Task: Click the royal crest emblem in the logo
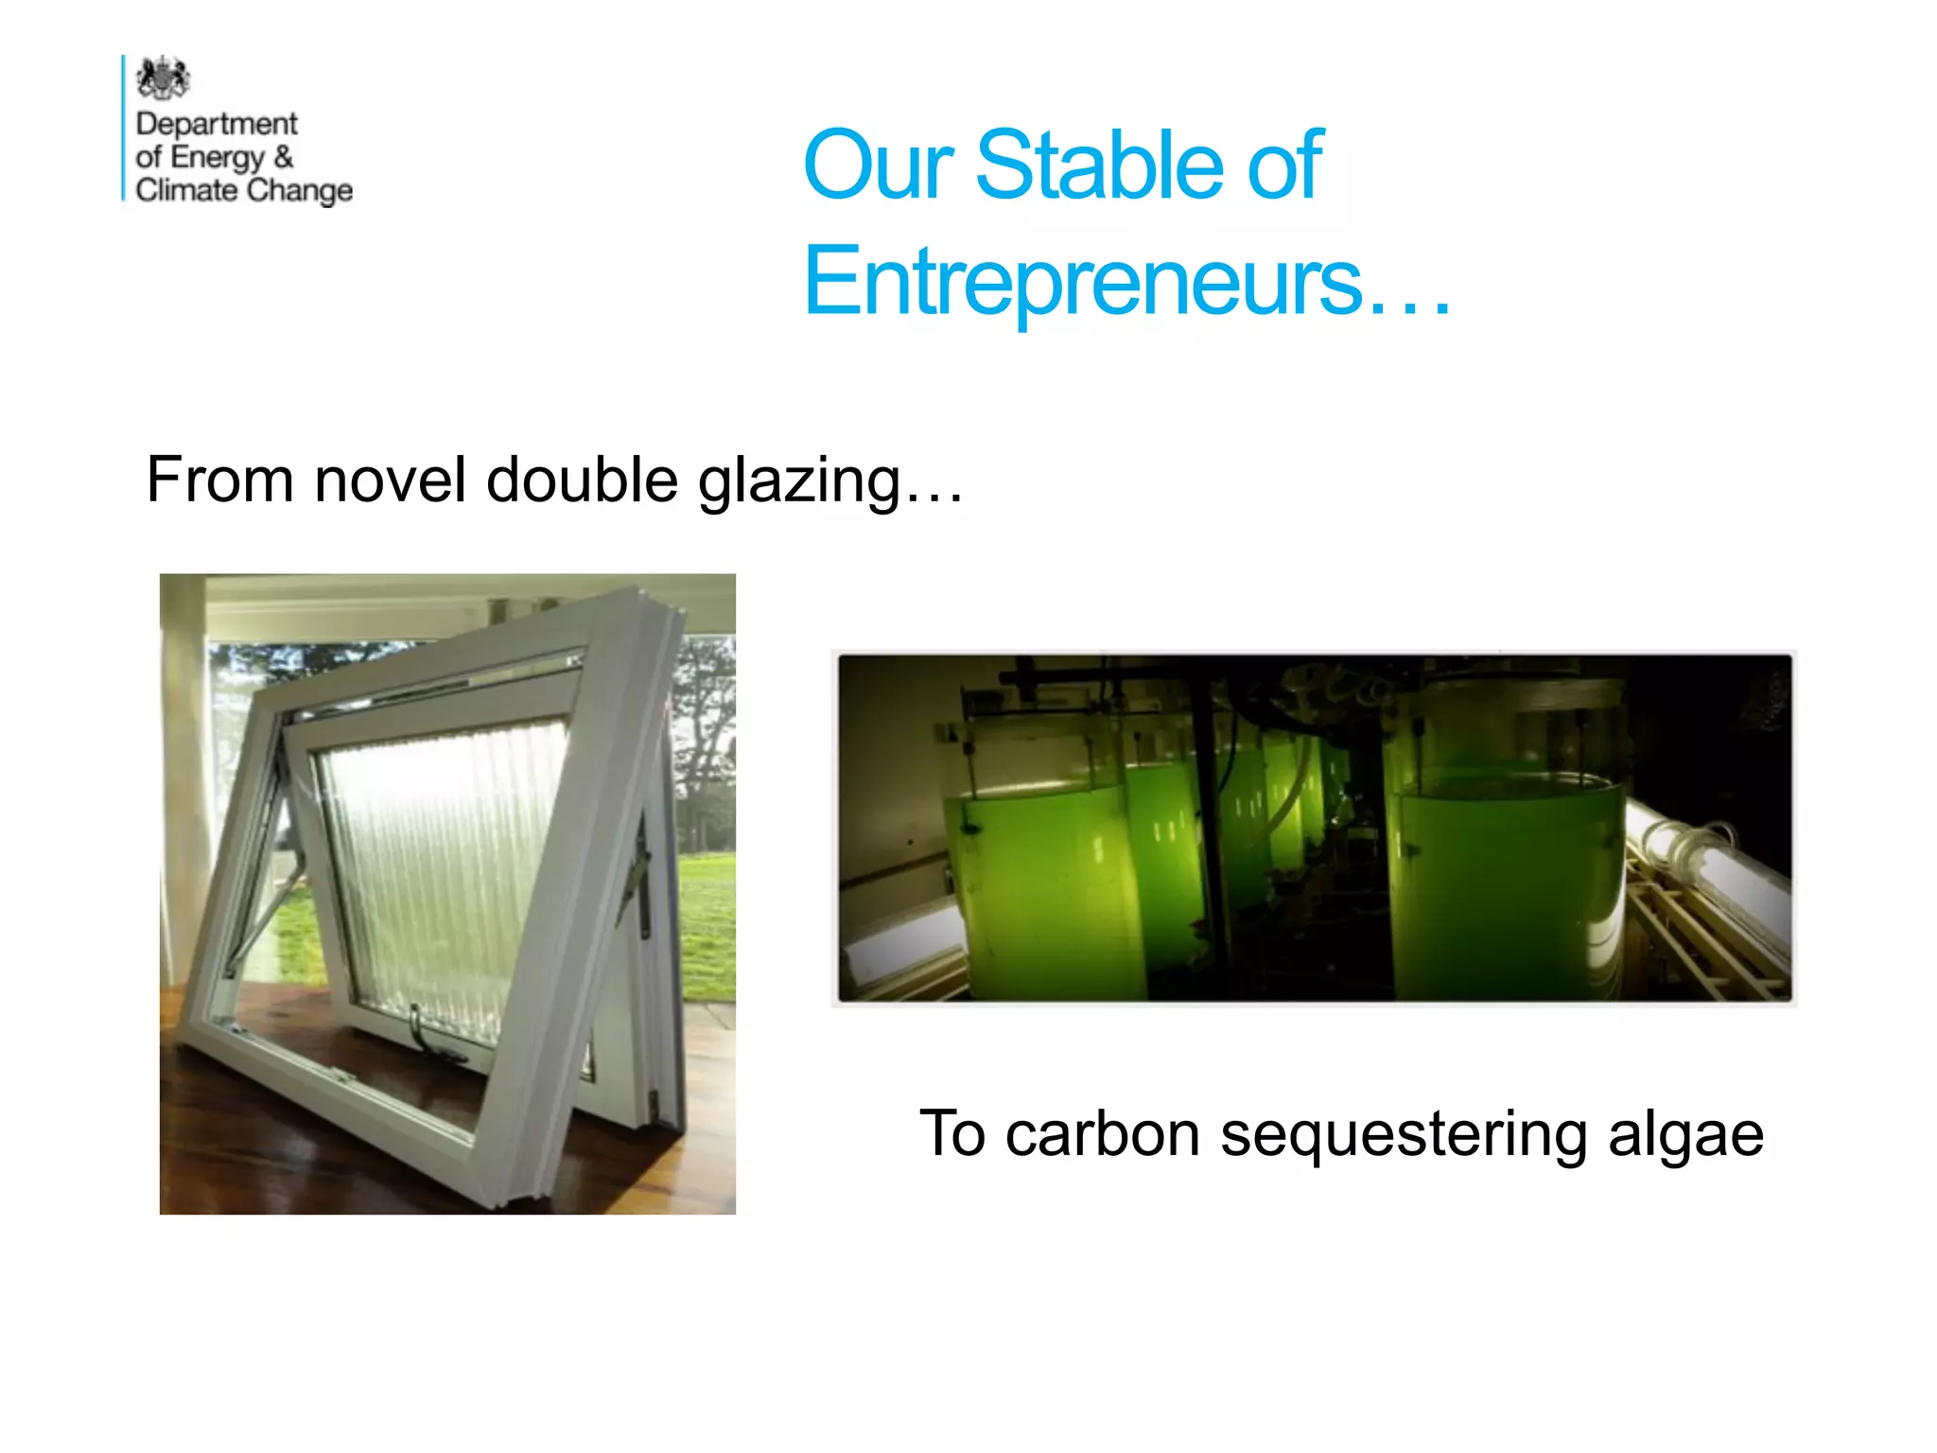click(x=163, y=79)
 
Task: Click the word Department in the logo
click(x=217, y=124)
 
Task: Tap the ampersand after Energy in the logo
click(x=283, y=156)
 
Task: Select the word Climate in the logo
click(x=186, y=190)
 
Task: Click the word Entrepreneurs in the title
click(x=1084, y=280)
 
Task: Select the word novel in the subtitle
click(x=390, y=480)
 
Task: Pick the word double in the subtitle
click(x=583, y=480)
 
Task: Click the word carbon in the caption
click(x=1103, y=1134)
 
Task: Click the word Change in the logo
click(x=300, y=190)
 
